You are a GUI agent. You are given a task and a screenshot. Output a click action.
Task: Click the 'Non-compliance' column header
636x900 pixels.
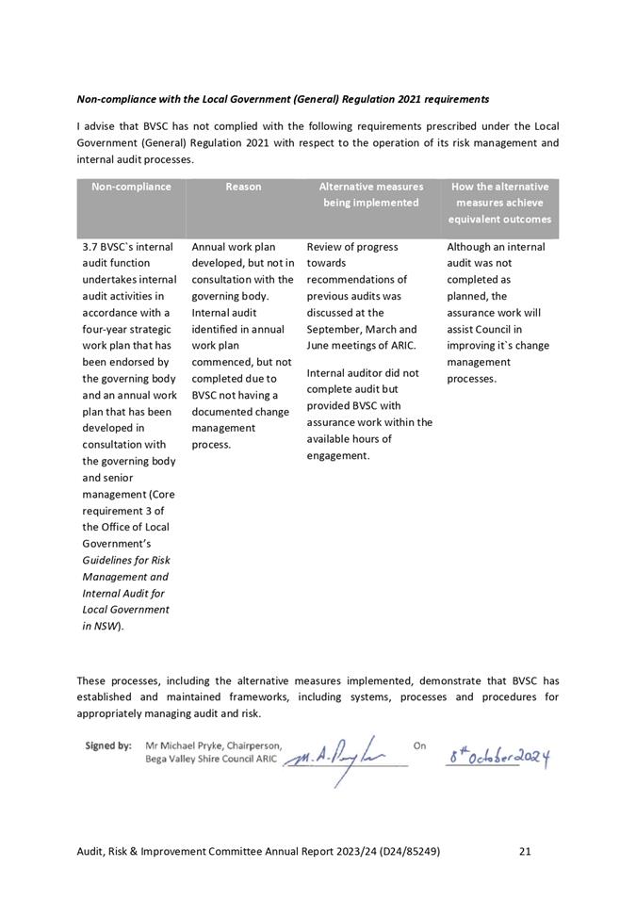click(x=131, y=187)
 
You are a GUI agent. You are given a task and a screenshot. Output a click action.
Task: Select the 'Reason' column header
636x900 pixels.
click(x=243, y=187)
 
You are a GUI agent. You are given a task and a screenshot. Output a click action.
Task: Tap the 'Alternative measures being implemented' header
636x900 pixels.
click(x=370, y=194)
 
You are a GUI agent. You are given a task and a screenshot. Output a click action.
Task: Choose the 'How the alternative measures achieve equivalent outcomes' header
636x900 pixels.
click(x=499, y=203)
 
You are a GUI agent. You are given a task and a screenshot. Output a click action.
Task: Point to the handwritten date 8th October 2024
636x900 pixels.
click(x=497, y=756)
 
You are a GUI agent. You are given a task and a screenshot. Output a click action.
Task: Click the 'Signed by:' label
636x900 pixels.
click(x=108, y=745)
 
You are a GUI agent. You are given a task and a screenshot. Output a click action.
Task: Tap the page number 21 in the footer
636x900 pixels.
click(x=525, y=851)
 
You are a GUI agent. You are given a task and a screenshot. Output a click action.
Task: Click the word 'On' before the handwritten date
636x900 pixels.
click(x=419, y=745)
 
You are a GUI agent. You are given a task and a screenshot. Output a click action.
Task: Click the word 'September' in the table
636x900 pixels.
click(x=331, y=329)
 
